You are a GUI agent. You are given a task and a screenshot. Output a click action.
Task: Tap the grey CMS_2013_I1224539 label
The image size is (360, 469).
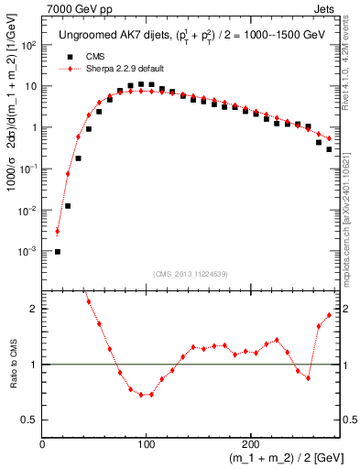point(191,273)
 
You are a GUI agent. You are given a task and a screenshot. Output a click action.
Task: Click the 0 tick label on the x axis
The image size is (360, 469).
point(43,443)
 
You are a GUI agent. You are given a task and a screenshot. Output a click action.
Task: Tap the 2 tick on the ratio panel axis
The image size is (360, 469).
point(35,309)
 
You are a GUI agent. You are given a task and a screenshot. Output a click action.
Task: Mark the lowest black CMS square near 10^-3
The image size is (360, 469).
point(58,252)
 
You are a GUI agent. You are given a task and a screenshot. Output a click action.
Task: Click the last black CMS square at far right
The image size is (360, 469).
point(329,149)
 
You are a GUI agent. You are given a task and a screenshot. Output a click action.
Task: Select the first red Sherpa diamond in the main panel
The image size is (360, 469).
point(58,232)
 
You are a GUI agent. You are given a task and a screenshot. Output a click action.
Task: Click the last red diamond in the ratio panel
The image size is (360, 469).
point(329,315)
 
